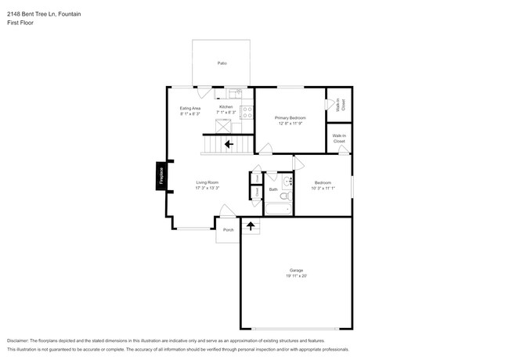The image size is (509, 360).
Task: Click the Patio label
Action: click(x=222, y=63)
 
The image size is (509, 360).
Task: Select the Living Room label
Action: click(x=207, y=182)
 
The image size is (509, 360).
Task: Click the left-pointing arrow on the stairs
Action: click(x=229, y=144)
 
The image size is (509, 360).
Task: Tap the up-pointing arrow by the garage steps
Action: click(x=251, y=227)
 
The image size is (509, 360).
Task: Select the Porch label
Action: click(x=229, y=230)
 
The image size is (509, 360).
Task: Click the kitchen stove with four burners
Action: click(x=247, y=112)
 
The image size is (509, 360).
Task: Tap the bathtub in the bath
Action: click(x=278, y=210)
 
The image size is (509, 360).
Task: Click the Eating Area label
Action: click(x=190, y=108)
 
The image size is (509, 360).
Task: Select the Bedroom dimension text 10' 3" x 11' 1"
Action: click(x=323, y=188)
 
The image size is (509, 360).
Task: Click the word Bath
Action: click(x=273, y=189)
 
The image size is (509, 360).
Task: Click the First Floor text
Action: click(x=21, y=23)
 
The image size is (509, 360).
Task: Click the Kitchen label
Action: click(x=226, y=106)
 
